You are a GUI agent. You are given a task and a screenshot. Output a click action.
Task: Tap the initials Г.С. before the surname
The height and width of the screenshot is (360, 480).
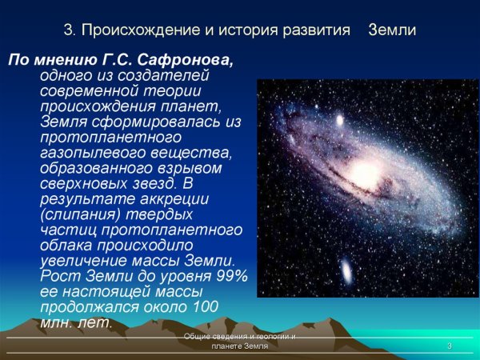click(x=135, y=60)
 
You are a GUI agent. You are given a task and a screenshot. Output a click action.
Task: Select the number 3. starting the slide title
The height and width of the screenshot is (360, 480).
click(x=69, y=30)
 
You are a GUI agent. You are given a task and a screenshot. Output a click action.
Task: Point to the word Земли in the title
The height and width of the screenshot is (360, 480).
click(x=392, y=30)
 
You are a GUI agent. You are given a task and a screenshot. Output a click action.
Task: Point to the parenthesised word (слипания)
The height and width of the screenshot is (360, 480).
click(x=79, y=214)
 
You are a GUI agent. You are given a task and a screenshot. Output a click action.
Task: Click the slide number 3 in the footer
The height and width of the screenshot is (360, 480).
click(x=450, y=346)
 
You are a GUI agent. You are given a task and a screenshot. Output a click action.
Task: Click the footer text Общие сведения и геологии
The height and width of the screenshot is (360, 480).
click(x=239, y=337)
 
